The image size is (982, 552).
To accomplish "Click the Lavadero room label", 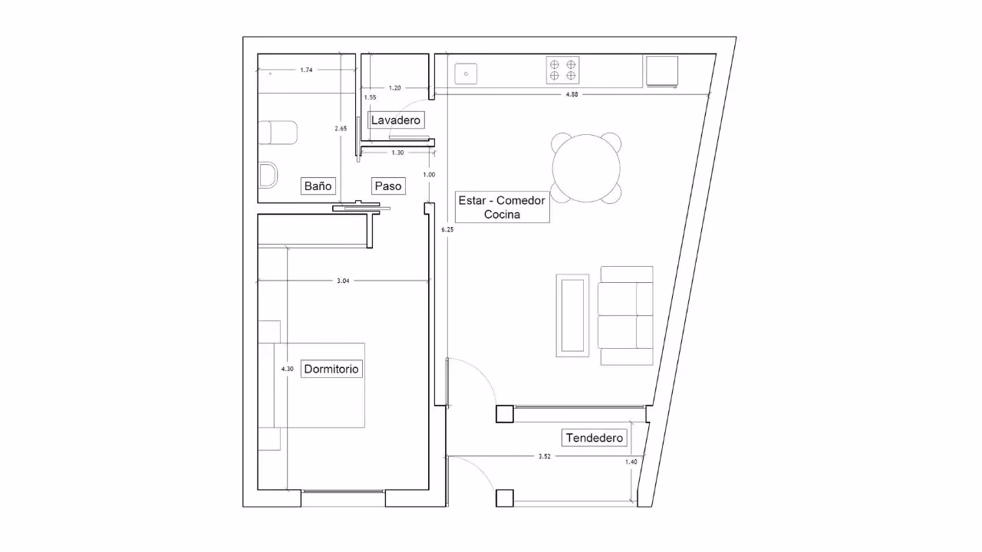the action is [396, 120].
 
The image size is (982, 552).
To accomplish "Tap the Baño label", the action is [318, 186].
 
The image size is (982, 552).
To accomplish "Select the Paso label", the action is [388, 186].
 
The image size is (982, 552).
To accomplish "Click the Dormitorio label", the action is [331, 369].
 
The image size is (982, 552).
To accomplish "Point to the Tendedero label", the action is [594, 438].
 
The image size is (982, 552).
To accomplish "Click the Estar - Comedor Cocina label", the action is [502, 207].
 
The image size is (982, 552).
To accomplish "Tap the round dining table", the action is [586, 168].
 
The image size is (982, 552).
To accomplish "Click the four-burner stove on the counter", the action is [562, 70].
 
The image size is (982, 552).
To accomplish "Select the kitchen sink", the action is [466, 74].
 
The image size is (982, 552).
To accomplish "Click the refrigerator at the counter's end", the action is [662, 71].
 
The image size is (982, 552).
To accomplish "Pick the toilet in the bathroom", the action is [278, 133].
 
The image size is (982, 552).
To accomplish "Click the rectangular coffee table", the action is [572, 315].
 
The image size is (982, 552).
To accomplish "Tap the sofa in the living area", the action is [626, 315].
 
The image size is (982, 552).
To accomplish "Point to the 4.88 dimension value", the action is [572, 94].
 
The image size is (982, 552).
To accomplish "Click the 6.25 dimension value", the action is [447, 229].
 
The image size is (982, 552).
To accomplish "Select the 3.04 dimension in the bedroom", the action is [343, 281].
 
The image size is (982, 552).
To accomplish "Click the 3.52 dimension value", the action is [544, 456].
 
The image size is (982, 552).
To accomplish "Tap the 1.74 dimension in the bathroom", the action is [306, 70].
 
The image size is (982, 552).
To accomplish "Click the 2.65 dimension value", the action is [341, 128].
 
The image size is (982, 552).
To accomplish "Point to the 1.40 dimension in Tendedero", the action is [631, 462].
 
